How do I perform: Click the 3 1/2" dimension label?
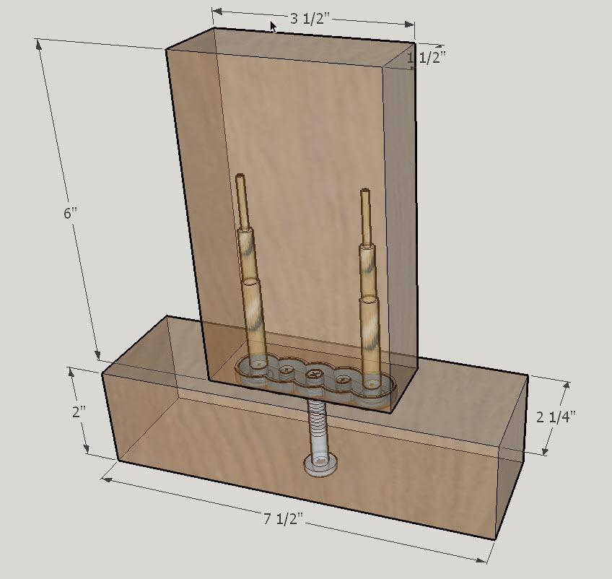310,19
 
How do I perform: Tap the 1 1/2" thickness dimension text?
426,58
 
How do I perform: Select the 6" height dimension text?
70,214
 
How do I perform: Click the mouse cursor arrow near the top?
274,27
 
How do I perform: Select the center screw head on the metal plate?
315,374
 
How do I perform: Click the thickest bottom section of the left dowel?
253,318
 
